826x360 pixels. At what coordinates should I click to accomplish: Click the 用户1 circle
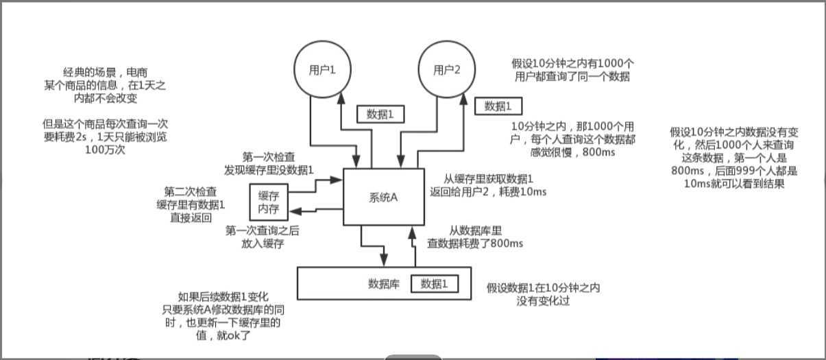tap(321, 69)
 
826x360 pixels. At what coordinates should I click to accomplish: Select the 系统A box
tap(383, 197)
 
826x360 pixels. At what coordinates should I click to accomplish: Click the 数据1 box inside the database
tap(435, 284)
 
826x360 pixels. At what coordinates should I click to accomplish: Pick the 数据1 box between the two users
tap(380, 115)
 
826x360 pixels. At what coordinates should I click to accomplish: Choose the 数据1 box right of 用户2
tap(498, 106)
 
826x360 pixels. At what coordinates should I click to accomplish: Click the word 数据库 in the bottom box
tap(384, 284)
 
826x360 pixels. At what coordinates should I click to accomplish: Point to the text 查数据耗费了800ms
tap(475, 243)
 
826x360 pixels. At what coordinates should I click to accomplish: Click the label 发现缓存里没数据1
tap(269, 169)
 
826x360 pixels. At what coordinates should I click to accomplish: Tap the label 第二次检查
tap(191, 191)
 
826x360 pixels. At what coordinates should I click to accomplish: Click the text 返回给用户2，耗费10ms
tap(488, 191)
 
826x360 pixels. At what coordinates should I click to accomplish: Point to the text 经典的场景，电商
tap(105, 72)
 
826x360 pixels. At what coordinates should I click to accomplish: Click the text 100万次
tap(105, 149)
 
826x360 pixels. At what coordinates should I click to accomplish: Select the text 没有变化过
tap(544, 302)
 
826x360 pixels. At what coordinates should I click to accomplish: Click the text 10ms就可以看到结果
tap(734, 184)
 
